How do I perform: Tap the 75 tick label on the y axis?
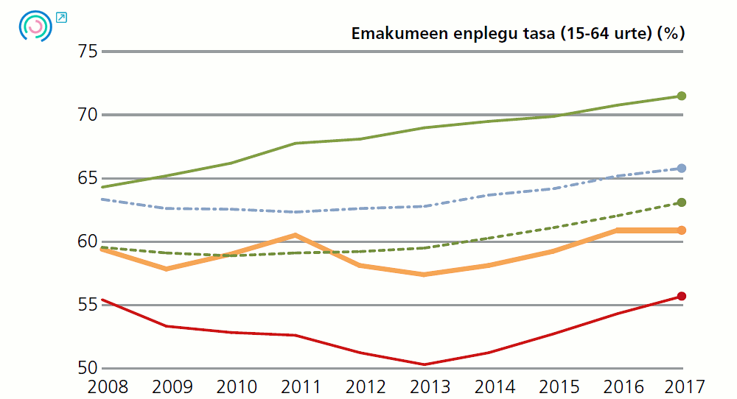[88, 51]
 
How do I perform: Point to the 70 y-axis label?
[88, 115]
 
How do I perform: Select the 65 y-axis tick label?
[88, 178]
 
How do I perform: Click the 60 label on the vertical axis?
[88, 241]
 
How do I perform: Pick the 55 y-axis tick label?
[88, 305]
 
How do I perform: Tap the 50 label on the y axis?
[88, 367]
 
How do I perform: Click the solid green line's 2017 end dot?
[682, 96]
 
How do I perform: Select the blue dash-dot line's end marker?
[682, 168]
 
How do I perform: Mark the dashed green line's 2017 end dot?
[682, 202]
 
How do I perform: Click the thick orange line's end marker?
[682, 230]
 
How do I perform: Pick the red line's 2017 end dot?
[682, 296]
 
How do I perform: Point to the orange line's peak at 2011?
[295, 236]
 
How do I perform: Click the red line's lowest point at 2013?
[425, 364]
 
